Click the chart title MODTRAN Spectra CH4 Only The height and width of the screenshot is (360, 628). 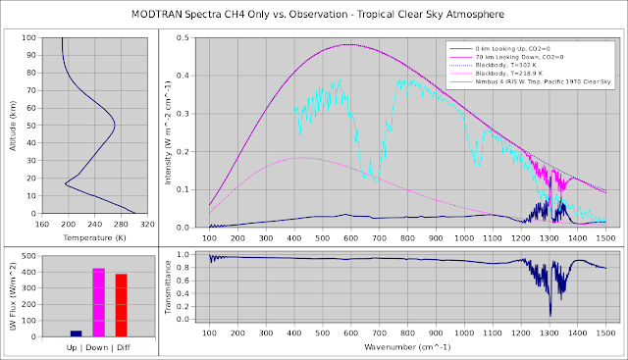tap(314, 15)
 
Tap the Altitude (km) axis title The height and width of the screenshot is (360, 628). tap(11, 126)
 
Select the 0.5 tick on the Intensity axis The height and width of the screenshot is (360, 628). tap(182, 37)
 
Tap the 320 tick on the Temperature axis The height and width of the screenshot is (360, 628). tap(148, 223)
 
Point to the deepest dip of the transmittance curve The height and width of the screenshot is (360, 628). tap(549, 314)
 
